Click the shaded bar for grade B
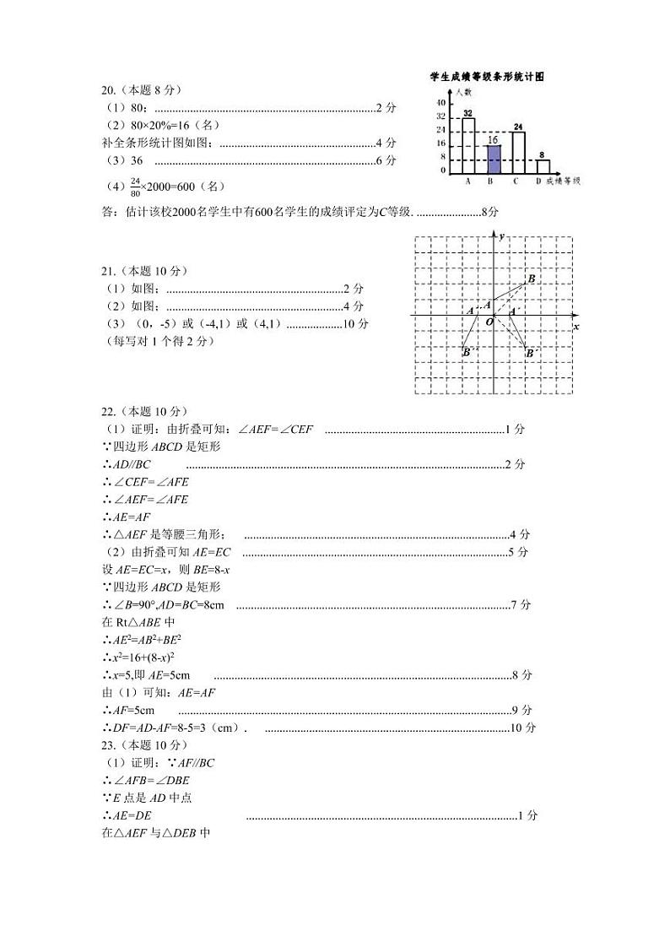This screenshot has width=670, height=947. coord(494,160)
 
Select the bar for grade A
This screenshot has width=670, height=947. coord(468,146)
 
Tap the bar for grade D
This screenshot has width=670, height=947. coord(543,166)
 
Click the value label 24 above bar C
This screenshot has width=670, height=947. coord(518,127)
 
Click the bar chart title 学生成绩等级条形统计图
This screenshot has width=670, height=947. coord(486,76)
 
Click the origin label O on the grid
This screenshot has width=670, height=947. coord(487,322)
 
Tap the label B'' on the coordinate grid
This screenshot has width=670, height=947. coord(469,352)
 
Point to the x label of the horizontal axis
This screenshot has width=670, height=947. coord(576,326)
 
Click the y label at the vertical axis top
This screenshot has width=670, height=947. coord(501,236)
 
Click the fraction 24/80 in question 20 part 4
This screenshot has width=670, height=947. coord(135,186)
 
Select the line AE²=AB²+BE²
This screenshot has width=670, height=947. coord(142,640)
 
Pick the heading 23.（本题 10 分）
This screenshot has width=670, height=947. coord(144,745)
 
